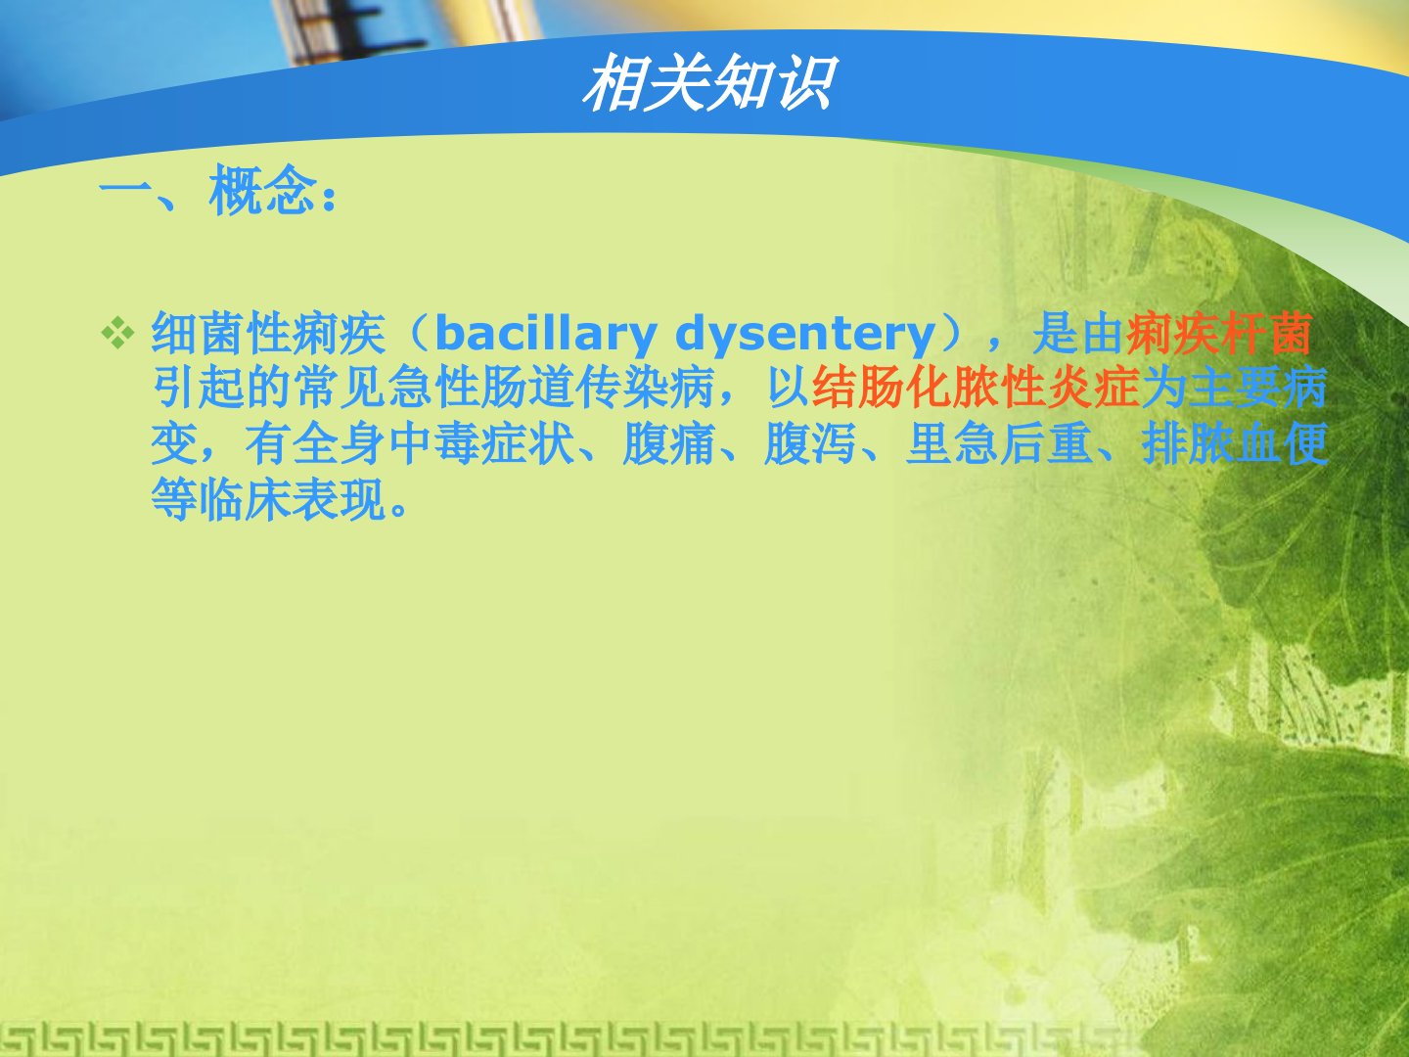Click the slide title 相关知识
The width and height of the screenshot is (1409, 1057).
709,83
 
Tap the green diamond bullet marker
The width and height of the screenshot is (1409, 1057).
118,334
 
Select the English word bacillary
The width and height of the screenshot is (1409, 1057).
546,334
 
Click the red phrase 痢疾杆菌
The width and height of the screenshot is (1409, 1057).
1219,333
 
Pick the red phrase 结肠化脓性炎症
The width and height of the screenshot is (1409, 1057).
976,388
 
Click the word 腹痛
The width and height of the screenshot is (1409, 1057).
668,443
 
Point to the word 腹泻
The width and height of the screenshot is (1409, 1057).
809,443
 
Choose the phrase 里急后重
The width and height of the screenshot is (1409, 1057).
999,443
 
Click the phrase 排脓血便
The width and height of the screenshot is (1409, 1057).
1235,443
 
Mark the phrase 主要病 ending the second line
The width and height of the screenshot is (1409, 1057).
1258,388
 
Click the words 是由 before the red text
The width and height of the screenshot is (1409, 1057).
1078,333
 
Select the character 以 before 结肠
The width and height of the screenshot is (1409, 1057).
789,388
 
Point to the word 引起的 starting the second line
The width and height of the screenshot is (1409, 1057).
222,388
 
